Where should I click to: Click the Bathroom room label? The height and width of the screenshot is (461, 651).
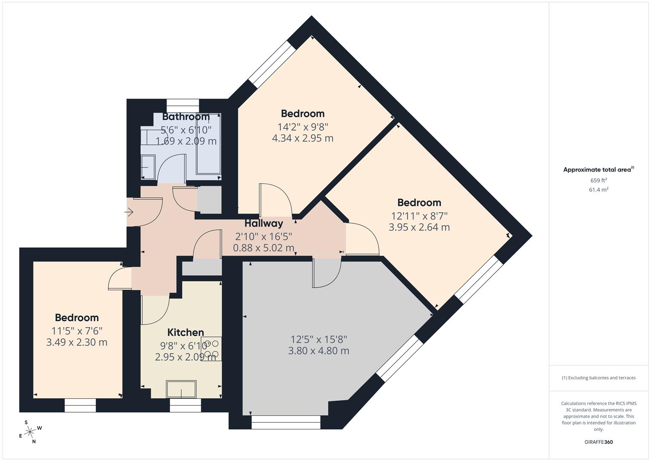coord(186,117)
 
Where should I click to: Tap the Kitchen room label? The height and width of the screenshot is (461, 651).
coord(185,332)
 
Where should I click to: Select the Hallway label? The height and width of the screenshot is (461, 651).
coord(263,223)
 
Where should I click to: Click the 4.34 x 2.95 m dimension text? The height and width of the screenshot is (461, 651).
coord(302,138)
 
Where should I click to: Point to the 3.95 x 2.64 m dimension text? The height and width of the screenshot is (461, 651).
coord(419,227)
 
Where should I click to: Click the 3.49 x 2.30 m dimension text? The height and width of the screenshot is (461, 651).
coord(77,342)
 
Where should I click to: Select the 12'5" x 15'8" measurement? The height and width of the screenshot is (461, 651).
coord(318,339)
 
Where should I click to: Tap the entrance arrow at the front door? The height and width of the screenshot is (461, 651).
coord(129,212)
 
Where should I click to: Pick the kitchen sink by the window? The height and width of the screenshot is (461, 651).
coord(181,389)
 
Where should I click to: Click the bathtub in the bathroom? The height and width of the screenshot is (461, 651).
coord(208,143)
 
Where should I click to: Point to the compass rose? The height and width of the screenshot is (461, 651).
coord(30,432)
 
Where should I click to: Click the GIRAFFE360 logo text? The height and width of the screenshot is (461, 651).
coord(598,442)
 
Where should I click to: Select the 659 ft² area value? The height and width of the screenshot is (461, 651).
coord(598,181)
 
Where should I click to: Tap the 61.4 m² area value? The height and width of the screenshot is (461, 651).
coord(598,190)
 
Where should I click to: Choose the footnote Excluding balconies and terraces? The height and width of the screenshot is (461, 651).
coord(599,378)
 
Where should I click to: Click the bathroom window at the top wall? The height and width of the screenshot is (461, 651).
coord(182,102)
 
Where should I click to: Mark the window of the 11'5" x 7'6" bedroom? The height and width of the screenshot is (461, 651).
coord(80,405)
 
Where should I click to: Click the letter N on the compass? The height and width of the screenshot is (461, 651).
coord(34,442)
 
